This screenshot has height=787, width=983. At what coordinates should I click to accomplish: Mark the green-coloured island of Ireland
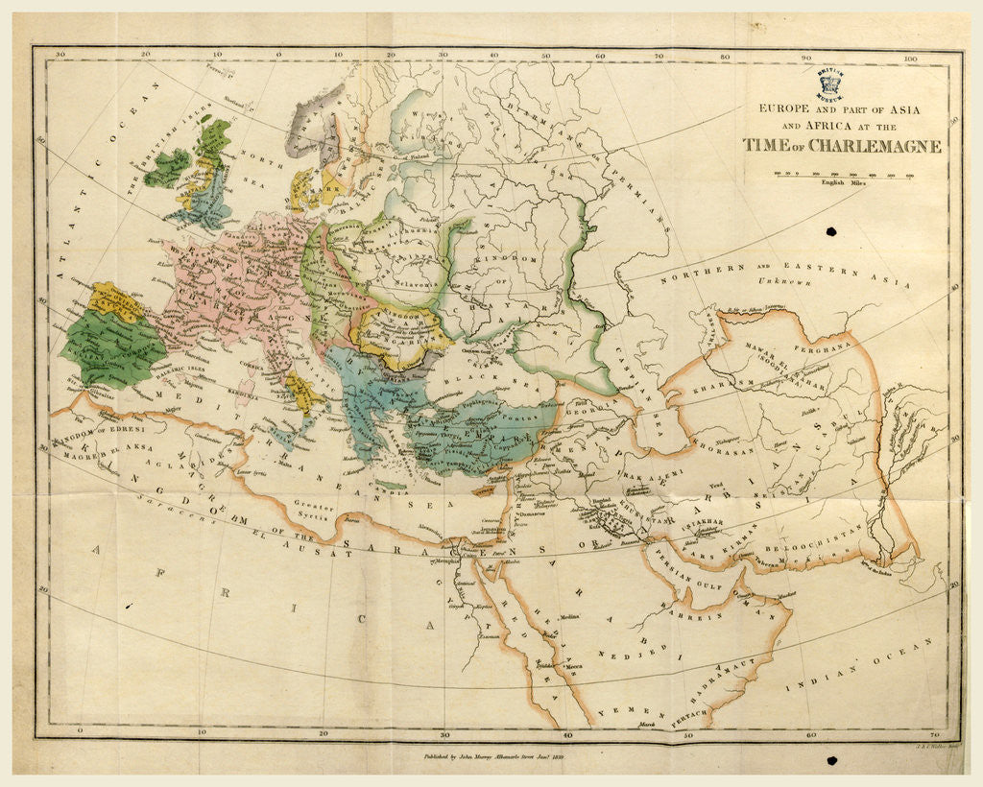[x=169, y=168]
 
